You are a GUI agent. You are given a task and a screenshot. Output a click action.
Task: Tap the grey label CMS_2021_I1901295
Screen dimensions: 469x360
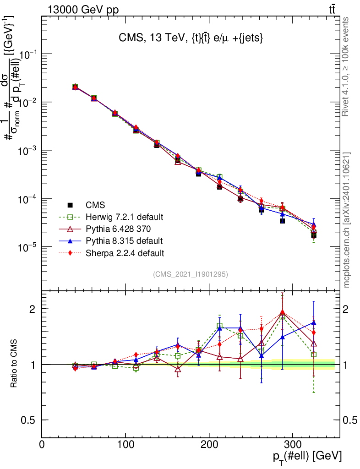tap(191, 274)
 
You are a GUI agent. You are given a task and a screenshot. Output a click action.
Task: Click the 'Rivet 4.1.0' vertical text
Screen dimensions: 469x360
tap(346, 67)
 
